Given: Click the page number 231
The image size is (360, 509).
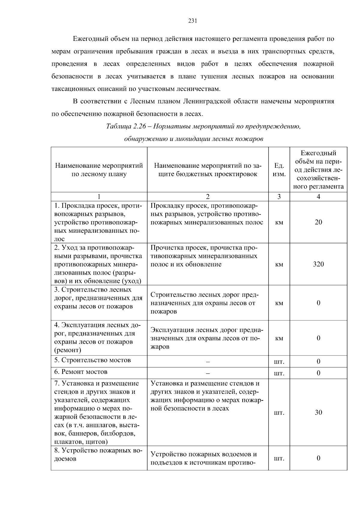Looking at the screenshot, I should coord(192,21).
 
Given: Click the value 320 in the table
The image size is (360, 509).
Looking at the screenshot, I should coord(318,264).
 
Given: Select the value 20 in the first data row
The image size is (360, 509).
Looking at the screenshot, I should coord(318,222).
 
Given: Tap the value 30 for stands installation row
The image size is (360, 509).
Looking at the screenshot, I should coord(318,412).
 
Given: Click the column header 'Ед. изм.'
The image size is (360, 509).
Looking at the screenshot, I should coord(279,170).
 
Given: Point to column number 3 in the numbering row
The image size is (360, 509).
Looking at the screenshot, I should coord(279,197).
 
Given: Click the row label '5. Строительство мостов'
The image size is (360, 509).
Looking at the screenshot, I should coord(92,360).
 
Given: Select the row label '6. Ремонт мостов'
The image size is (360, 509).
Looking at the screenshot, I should coord(81,372).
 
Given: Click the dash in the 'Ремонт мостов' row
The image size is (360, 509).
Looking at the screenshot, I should coord(208,374).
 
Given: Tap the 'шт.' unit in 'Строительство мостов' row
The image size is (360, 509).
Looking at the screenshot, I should coord(279,362).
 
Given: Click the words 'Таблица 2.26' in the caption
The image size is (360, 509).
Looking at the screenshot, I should coord(126,126).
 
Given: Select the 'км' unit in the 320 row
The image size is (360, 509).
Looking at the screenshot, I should coord(279,264).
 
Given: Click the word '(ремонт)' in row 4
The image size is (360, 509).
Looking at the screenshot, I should coord(67,350).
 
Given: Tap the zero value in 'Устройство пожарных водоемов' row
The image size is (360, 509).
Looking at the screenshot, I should coord(318,458).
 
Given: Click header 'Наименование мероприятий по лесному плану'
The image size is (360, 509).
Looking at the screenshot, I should coord(99,170).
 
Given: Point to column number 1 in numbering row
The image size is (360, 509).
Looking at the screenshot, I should coord(99,197).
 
